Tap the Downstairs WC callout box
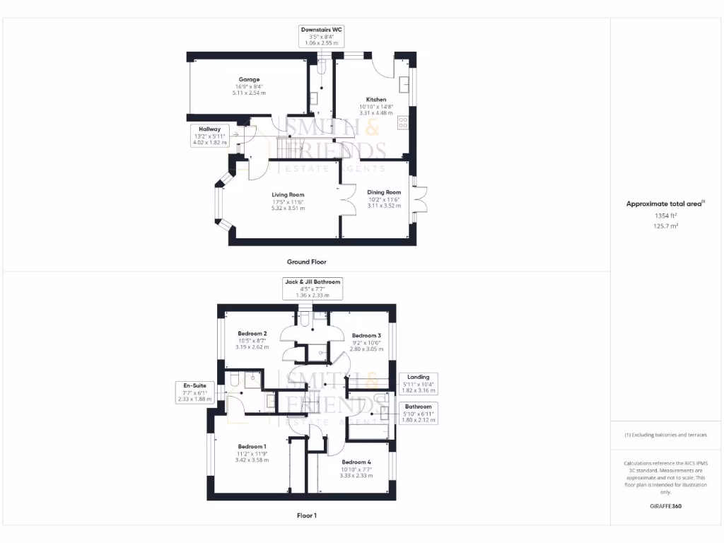click(322, 36)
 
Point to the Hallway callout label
click(210, 136)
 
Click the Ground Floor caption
click(306, 262)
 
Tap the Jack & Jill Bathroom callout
click(312, 288)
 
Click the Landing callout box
click(419, 384)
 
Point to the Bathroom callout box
click(419, 413)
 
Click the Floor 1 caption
click(306, 515)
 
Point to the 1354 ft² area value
click(666, 216)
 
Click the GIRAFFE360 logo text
click(666, 506)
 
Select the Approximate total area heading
click(665, 204)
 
